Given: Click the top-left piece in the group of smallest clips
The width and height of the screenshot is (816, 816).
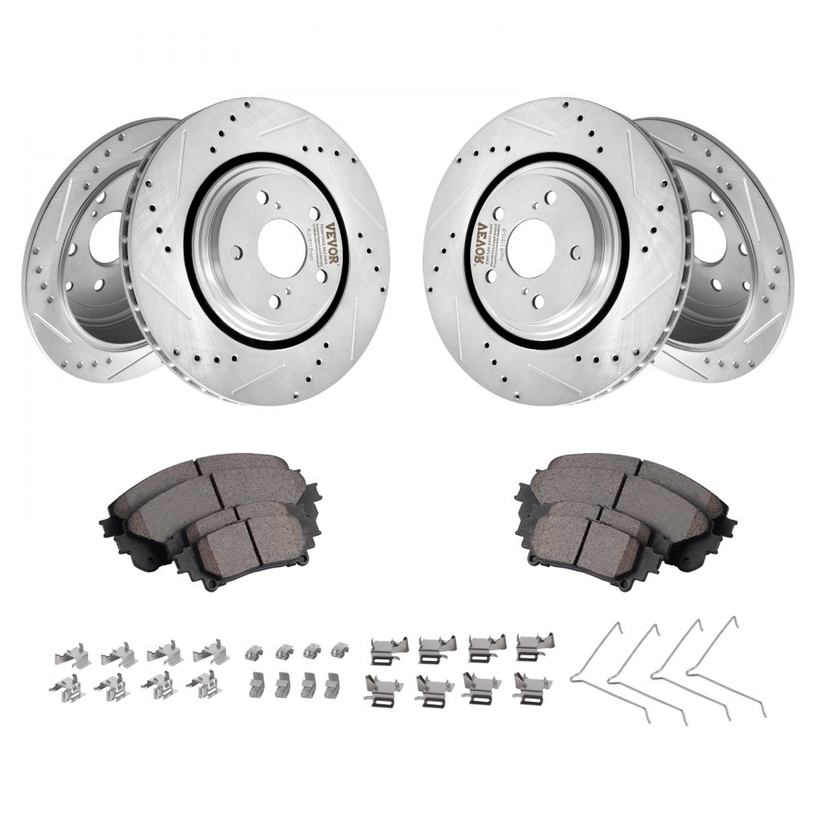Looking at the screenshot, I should [x=254, y=650].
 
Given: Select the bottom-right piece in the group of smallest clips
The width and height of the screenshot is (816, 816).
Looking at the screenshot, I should [x=331, y=685].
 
